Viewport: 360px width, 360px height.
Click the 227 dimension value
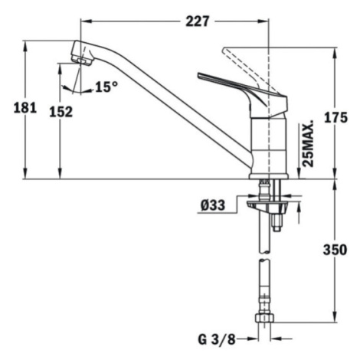click(197, 21)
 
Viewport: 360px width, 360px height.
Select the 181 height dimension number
click(25, 108)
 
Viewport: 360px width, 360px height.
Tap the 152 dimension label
click(61, 112)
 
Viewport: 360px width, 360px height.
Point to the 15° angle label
click(107, 87)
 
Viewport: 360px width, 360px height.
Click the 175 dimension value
click(335, 117)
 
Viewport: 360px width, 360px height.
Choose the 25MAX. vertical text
click(307, 145)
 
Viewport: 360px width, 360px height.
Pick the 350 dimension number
click(335, 250)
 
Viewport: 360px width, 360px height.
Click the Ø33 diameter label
click(213, 205)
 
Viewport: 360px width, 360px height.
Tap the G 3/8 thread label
click(217, 339)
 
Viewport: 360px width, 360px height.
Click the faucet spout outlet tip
click(82, 61)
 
